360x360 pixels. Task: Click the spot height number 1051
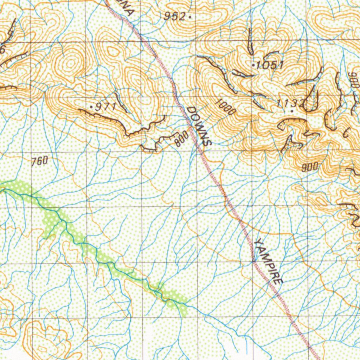270,65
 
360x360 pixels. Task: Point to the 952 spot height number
175,16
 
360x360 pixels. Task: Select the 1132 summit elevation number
290,103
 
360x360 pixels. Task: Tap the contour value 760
39,161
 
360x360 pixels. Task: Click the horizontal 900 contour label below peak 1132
310,167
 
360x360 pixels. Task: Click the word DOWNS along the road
199,126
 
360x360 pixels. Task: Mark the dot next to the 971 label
92,106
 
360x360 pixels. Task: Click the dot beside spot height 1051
254,65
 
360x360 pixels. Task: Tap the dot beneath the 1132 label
292,111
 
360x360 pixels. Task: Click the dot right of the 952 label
190,16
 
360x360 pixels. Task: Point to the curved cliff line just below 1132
292,121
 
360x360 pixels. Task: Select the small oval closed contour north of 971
113,52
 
